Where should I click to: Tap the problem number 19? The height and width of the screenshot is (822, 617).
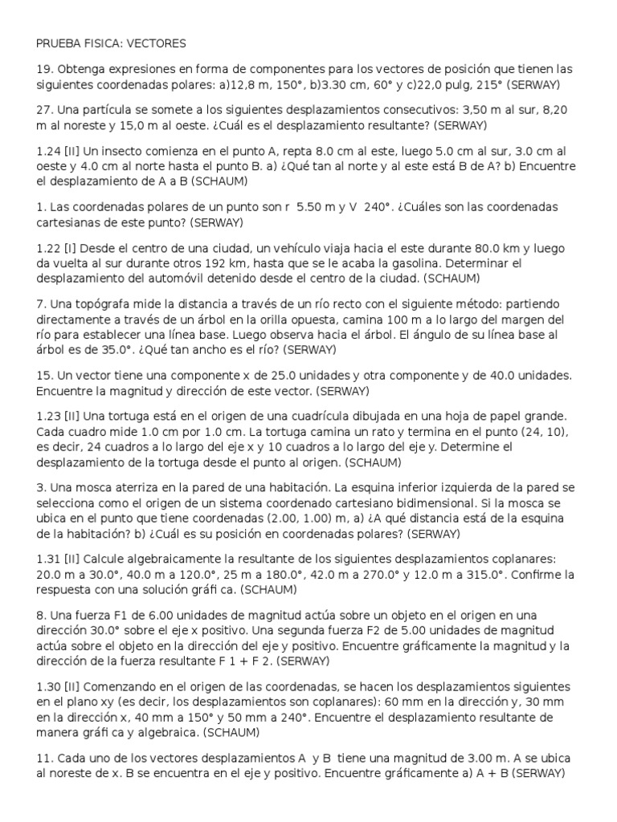tap(44, 70)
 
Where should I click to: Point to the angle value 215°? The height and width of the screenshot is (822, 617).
tap(487, 84)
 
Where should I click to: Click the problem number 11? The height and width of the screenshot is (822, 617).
tap(43, 758)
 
